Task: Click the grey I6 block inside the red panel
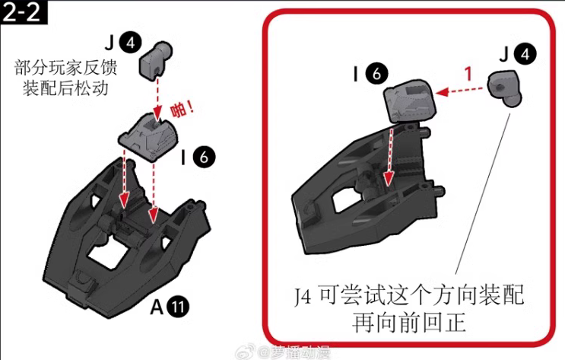[x=411, y=103]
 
